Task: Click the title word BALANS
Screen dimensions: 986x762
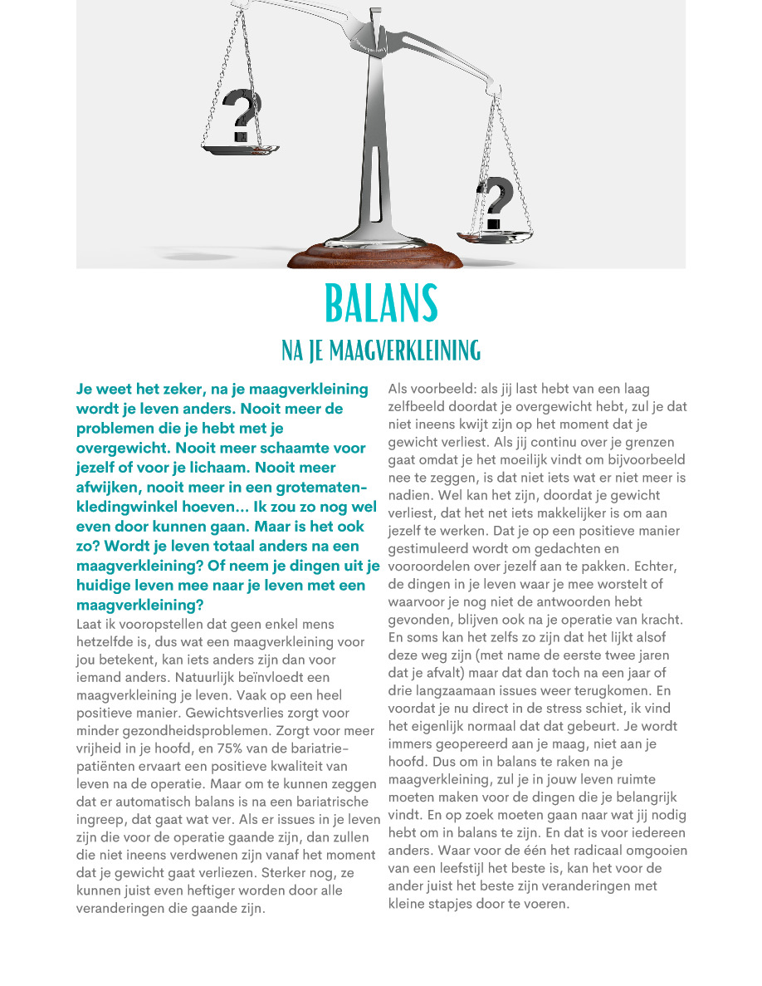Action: pos(381,304)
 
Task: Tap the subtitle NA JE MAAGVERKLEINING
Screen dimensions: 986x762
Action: pos(381,350)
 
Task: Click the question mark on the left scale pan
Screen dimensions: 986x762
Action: pos(242,115)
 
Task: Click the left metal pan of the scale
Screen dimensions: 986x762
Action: pos(240,150)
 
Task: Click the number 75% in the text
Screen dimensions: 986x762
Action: pos(227,748)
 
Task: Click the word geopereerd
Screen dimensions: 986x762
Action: pos(472,744)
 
